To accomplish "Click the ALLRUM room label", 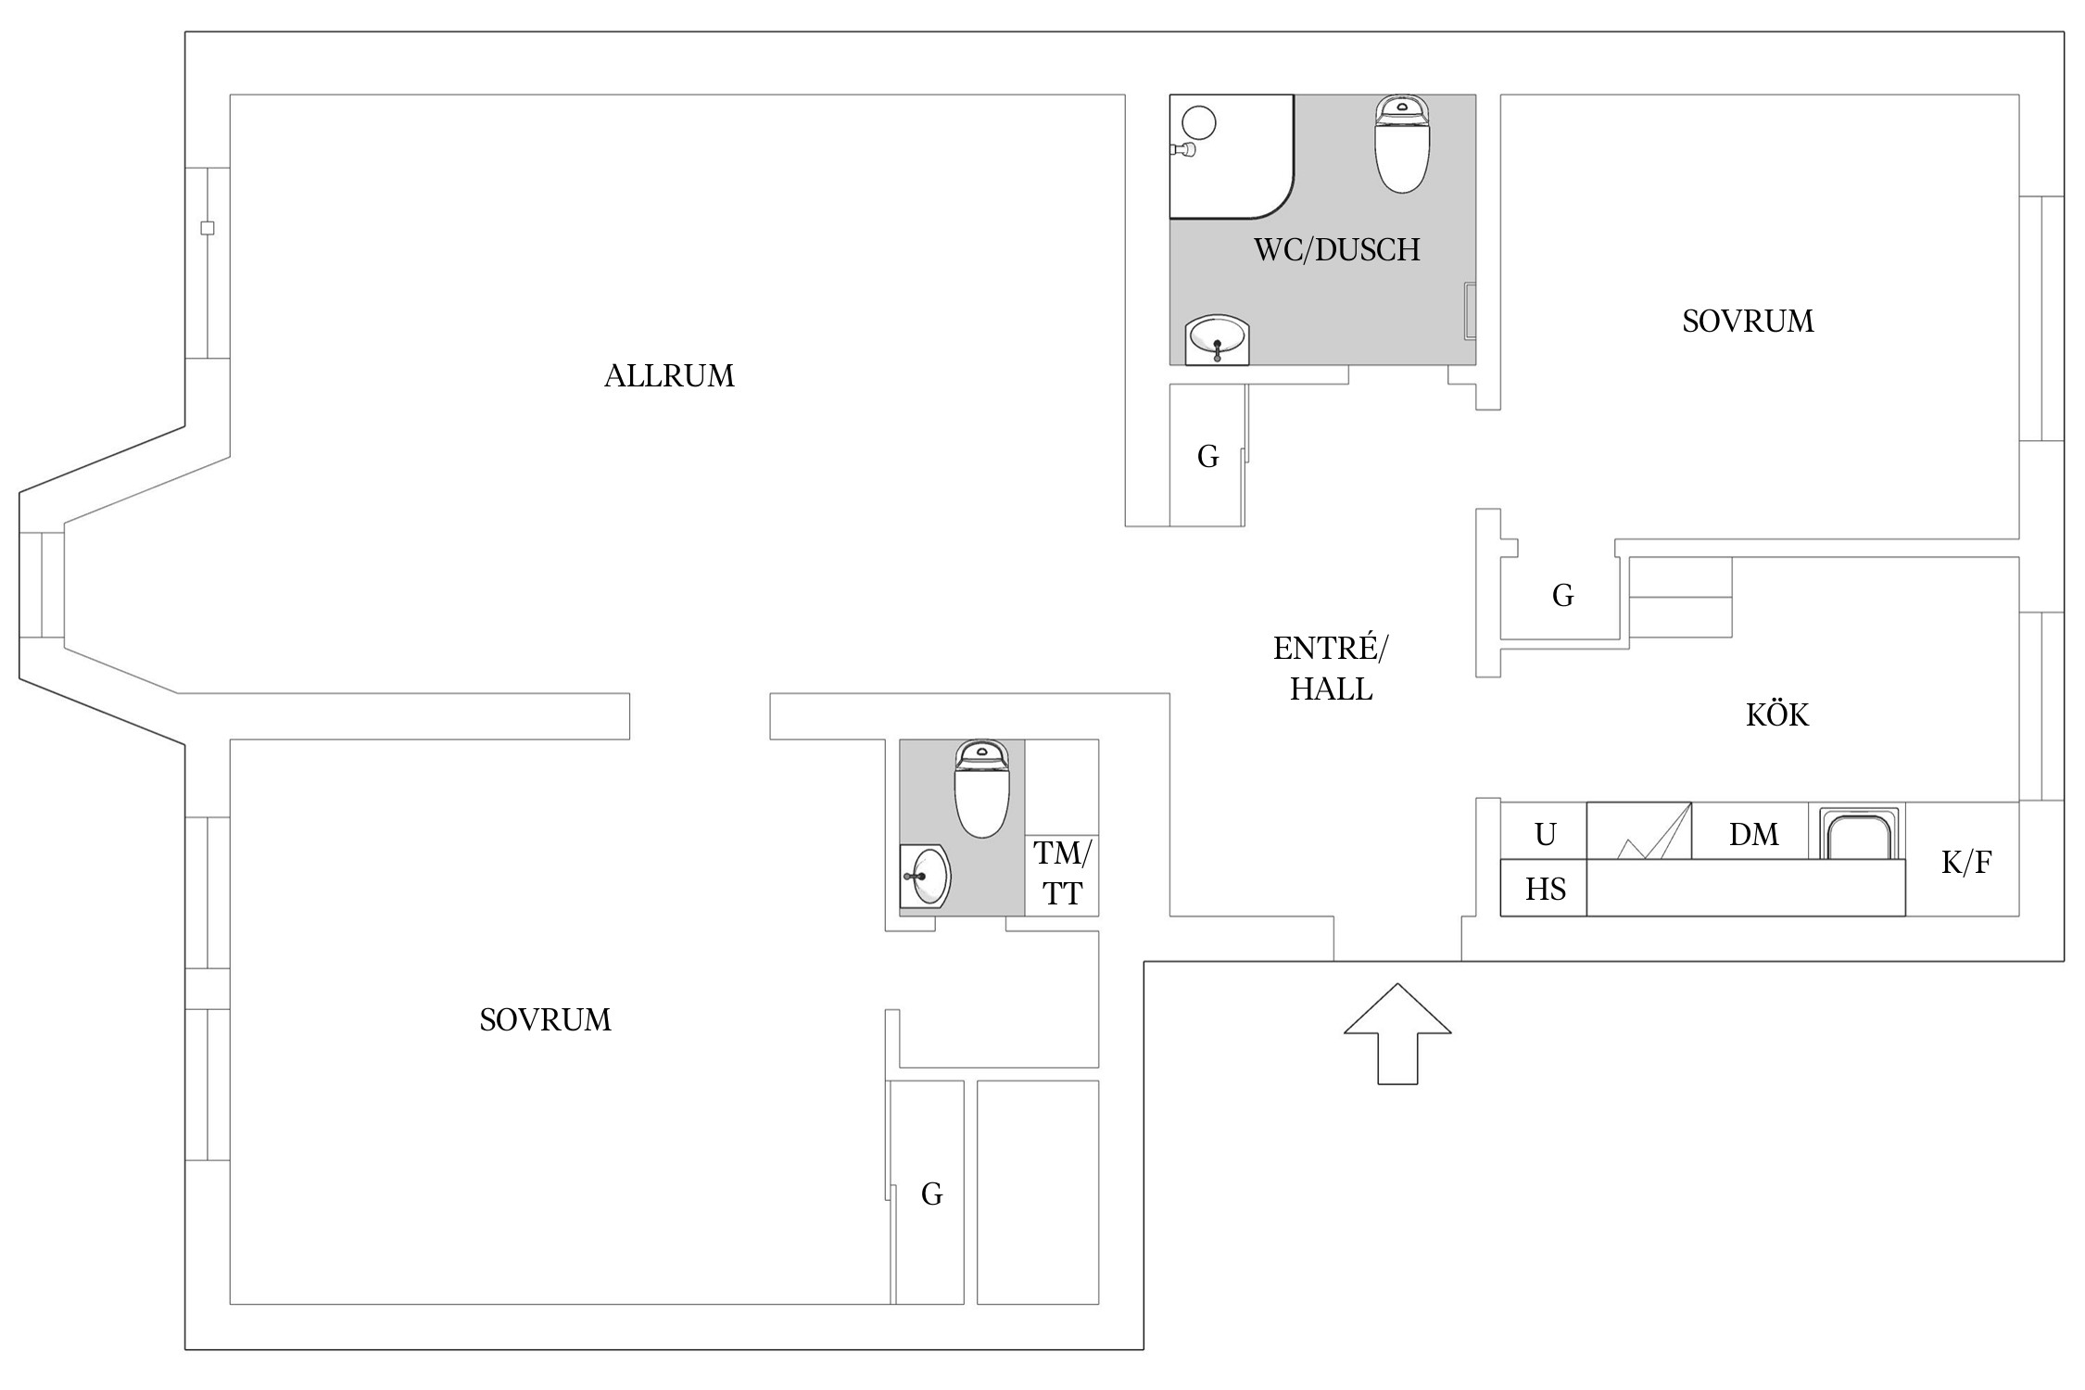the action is tap(669, 376).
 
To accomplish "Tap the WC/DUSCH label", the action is tap(1336, 250).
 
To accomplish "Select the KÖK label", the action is tap(1776, 714).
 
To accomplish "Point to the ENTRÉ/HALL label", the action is tap(1331, 668).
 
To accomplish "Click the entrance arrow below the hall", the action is tap(1397, 1033).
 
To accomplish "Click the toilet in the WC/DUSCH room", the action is tap(1401, 144).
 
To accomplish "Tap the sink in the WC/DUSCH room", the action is tap(1217, 340).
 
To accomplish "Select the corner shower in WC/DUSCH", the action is tap(1231, 157).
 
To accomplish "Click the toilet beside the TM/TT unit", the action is tap(982, 789).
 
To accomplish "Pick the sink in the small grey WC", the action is tap(925, 876).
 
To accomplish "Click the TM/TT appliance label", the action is tap(1062, 873).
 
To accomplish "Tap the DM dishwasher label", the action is tap(1753, 835).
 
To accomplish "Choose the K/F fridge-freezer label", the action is tap(1965, 863).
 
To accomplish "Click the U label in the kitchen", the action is tap(1545, 835).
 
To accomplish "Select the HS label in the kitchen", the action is tap(1545, 890).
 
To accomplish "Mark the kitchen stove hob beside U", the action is tap(1639, 830).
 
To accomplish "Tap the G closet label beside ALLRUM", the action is tap(1207, 456).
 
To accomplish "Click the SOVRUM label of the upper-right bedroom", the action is tap(1748, 322).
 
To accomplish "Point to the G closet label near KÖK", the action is tap(1562, 596).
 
